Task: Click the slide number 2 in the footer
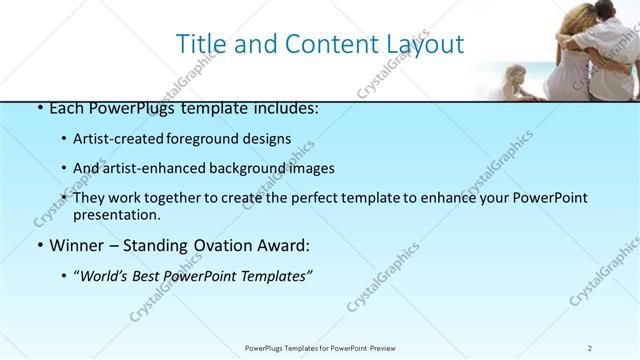coord(589,347)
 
